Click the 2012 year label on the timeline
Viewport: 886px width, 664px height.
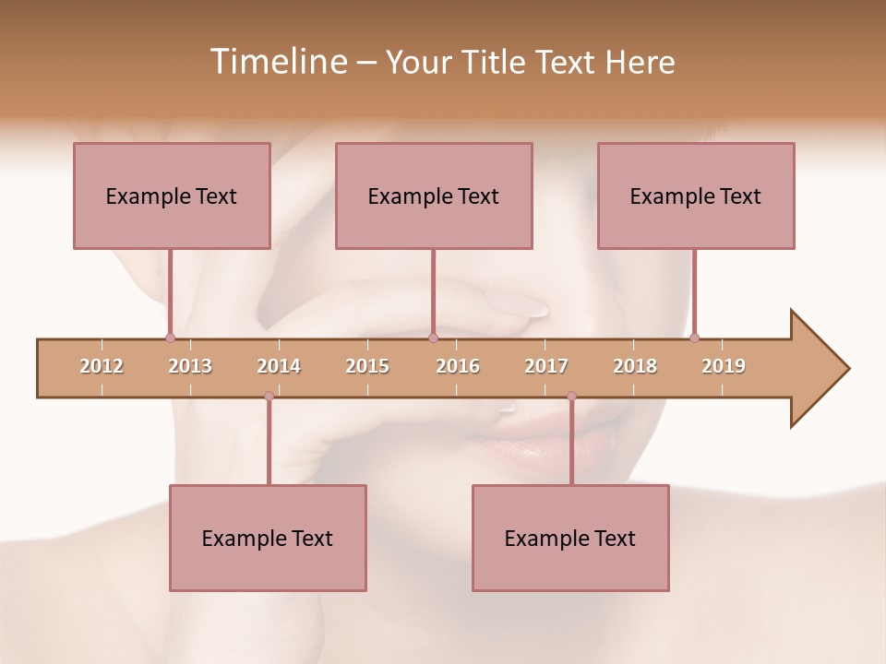coord(102,367)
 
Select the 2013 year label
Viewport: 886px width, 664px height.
coord(190,367)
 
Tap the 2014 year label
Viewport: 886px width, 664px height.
coord(279,367)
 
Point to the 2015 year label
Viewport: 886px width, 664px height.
coord(367,367)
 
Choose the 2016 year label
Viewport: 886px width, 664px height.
coord(458,367)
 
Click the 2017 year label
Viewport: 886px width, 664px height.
coord(546,367)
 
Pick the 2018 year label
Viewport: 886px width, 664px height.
coord(635,367)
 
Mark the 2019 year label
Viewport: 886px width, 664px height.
coord(724,367)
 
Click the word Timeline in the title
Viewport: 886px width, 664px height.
coord(276,62)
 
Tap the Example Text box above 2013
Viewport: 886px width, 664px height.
coord(172,196)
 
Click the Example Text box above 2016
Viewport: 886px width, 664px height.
coord(434,196)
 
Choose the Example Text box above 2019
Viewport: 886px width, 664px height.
coord(696,196)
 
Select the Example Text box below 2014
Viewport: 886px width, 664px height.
coord(268,538)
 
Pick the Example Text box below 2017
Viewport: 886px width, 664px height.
coord(570,538)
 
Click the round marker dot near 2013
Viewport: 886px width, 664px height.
coord(170,338)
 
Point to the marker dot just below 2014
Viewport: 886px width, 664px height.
coord(269,397)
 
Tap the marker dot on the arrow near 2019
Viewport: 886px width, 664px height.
coord(694,338)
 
